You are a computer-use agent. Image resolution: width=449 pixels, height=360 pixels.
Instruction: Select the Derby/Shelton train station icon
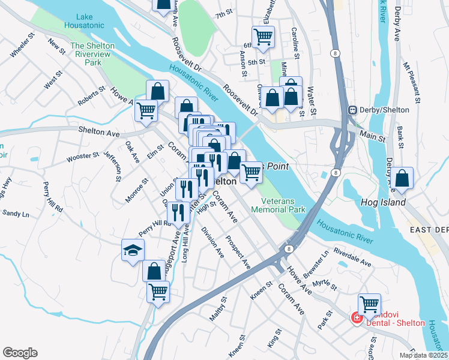pyautogui.click(x=353, y=110)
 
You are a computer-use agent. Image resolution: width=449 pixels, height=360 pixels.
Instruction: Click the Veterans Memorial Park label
pyautogui.click(x=283, y=205)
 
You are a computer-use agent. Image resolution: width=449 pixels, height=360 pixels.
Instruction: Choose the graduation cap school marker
pyautogui.click(x=133, y=250)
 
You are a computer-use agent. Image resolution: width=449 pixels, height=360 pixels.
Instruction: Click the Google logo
pyautogui.click(x=20, y=352)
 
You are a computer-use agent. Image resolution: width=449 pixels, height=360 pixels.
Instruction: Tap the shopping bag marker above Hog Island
pyautogui.click(x=404, y=179)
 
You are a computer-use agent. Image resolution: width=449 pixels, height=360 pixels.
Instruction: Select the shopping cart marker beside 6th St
pyautogui.click(x=263, y=37)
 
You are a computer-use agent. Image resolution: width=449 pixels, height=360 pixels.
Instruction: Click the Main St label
pyautogui.click(x=372, y=137)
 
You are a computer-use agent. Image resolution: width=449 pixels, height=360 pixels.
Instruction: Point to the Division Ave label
pyautogui.click(x=212, y=241)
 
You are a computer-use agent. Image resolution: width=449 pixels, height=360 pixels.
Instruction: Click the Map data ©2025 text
pyautogui.click(x=423, y=355)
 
